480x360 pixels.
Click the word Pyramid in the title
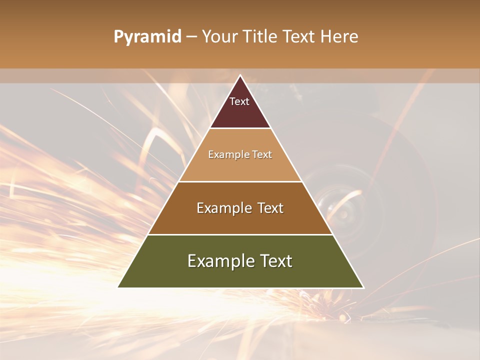[x=147, y=37]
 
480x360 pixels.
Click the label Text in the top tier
[x=239, y=101]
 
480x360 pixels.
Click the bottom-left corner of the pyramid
[x=118, y=287]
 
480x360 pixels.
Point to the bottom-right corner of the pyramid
[x=363, y=287]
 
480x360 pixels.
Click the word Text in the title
[x=301, y=37]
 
